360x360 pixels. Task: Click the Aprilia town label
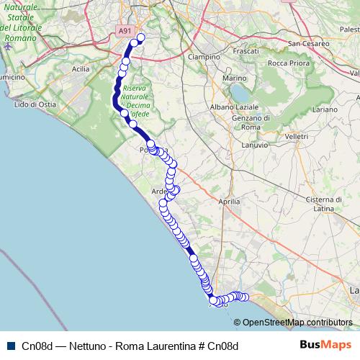pos(228,202)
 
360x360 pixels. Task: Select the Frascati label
pos(246,53)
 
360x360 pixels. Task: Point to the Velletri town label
pos(276,136)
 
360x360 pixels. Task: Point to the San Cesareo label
pos(309,43)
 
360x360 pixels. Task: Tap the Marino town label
pos(235,78)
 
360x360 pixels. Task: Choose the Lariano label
pos(325,109)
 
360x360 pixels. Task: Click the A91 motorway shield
pos(125,31)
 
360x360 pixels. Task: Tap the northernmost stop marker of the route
pos(140,37)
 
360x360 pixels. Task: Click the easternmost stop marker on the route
pos(245,297)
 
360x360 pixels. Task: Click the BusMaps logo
pos(325,345)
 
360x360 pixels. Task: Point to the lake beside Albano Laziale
pos(238,93)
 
